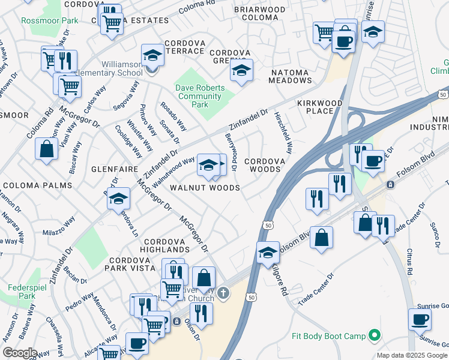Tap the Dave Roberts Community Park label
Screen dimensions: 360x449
coord(200,96)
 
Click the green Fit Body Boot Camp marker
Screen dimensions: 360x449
coord(375,334)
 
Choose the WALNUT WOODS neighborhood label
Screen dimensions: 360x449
coord(205,188)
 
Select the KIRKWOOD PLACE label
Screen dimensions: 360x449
coord(319,107)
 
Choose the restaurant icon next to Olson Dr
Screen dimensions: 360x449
coord(201,313)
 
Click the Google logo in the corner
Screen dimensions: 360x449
coord(20,353)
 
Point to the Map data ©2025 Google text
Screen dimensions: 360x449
coord(412,355)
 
